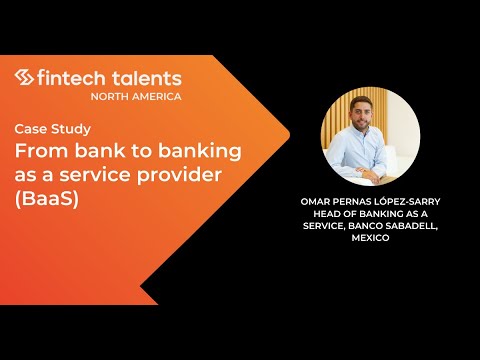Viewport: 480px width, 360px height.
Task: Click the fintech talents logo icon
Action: [25, 77]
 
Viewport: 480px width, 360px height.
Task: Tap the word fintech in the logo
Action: [69, 77]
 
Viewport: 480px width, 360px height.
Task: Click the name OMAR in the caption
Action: [317, 200]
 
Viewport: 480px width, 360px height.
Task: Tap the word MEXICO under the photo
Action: [370, 239]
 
